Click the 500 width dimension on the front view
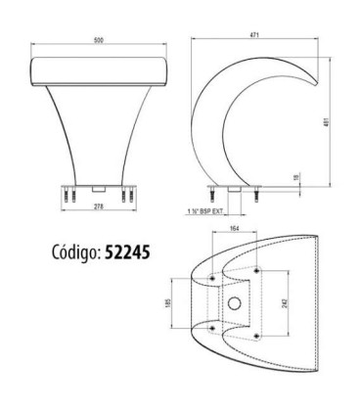99,42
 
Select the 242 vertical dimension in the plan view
283,303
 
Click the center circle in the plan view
234,302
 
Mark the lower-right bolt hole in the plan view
255,331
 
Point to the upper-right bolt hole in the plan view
255,270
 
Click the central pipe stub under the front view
97,186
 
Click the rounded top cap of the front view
99,68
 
